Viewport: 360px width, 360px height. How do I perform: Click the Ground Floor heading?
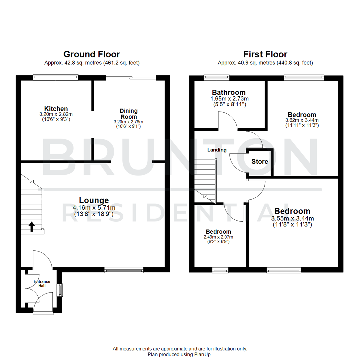(x=92, y=54)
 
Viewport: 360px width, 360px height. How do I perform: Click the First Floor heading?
(x=265, y=54)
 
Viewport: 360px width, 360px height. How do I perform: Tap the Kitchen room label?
(x=56, y=109)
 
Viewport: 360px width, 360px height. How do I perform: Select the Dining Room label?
(x=129, y=114)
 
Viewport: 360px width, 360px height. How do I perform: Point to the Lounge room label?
(x=94, y=200)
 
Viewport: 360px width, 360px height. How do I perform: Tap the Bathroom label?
(x=229, y=92)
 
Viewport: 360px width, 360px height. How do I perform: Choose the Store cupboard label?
(x=260, y=162)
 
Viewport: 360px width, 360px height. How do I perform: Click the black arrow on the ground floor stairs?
(x=32, y=227)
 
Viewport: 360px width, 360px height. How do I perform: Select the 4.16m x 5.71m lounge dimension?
(x=94, y=208)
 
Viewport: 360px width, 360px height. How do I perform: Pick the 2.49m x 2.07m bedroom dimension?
(x=218, y=237)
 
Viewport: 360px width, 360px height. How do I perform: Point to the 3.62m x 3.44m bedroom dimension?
(x=302, y=120)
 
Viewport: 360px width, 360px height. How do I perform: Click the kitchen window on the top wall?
(x=55, y=78)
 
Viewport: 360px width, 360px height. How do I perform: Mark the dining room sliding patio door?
(x=131, y=78)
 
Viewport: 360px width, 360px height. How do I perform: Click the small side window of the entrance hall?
(x=60, y=290)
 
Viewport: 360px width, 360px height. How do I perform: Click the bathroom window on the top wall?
(x=217, y=78)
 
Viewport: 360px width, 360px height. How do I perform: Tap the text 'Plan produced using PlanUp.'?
(x=180, y=354)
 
